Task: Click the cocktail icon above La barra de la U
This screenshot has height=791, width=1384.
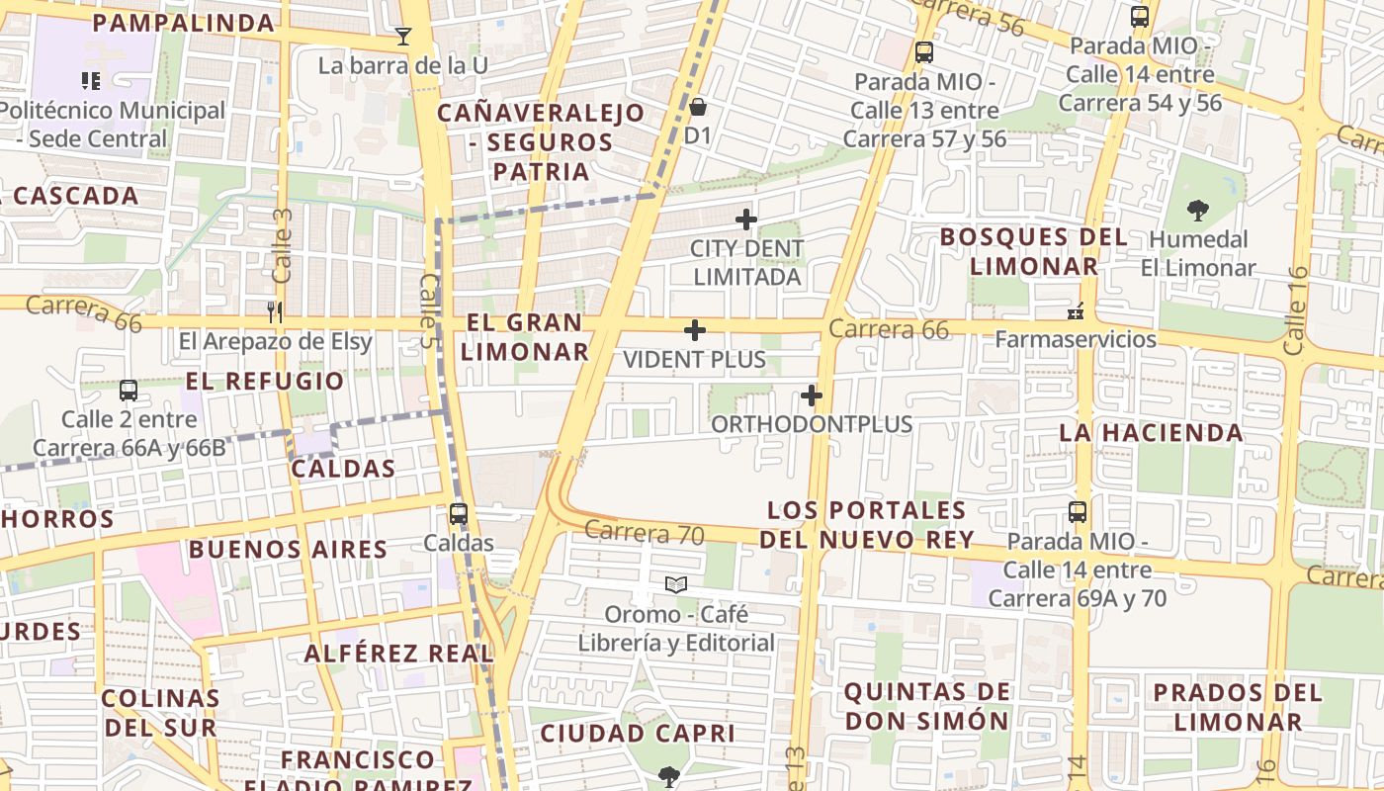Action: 402,38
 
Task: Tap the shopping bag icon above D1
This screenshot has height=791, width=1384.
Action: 698,106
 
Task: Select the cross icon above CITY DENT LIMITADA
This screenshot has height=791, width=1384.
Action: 746,220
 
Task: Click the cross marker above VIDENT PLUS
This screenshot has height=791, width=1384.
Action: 695,330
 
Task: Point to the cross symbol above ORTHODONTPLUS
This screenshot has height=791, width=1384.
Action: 812,396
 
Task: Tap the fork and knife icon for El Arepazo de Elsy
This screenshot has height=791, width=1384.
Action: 275,312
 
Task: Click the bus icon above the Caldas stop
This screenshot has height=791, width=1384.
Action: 458,514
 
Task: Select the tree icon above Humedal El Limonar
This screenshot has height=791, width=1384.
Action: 1197,210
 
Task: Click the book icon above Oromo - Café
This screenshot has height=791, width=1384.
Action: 676,585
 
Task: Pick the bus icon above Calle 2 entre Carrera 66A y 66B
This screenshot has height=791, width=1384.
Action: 129,391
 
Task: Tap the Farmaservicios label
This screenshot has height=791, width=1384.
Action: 1075,339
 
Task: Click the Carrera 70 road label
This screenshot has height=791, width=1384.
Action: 644,533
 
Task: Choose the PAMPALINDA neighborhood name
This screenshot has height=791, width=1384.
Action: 183,23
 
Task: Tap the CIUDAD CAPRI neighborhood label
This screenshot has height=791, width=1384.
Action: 637,734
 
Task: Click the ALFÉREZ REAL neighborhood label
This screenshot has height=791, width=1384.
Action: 398,654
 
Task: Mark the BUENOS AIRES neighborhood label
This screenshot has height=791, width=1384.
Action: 288,550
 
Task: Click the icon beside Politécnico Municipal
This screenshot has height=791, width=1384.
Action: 91,81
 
